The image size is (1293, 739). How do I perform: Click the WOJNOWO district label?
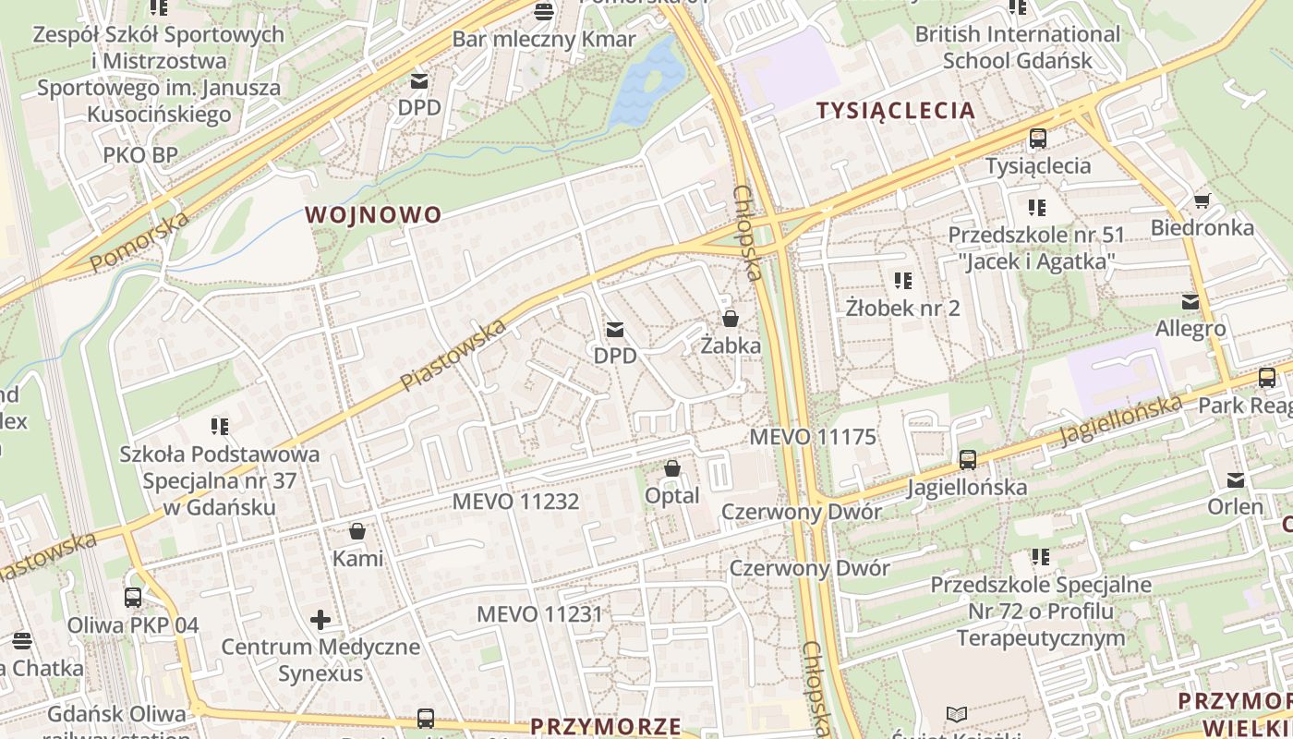pos(373,215)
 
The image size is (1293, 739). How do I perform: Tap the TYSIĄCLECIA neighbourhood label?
pos(895,111)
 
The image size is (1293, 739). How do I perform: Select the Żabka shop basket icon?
pos(731,319)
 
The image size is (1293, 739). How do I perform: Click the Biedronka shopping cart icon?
pos(1202,200)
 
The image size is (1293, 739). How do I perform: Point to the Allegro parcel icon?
pos(1190,302)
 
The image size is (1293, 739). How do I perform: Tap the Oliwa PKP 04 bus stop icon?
pos(133,598)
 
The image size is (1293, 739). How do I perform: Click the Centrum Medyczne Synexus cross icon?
pos(320,619)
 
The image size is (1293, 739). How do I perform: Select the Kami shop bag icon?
pos(357,531)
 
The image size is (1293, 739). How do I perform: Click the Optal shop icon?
pos(672,468)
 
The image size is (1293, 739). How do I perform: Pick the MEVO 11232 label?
pos(515,502)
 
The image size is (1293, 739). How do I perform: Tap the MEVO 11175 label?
pos(813,437)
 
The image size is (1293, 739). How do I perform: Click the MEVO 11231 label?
pos(539,614)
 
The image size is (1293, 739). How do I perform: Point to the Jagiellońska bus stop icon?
pos(967,459)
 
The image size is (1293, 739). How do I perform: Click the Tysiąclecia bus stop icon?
pos(1038,139)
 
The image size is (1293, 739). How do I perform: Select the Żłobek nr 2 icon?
pos(902,280)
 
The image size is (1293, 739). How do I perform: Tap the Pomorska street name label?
pos(139,242)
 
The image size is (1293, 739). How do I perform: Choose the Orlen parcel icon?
pos(1236,479)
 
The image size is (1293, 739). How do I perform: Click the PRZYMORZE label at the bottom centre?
pos(606,726)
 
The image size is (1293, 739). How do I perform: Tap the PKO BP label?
pos(140,154)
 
